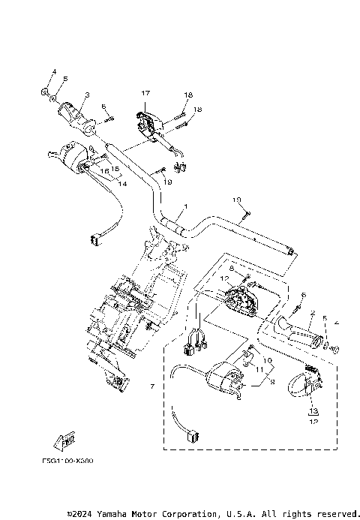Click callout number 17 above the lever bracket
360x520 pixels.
pyautogui.click(x=145, y=93)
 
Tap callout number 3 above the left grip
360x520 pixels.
pyautogui.click(x=86, y=95)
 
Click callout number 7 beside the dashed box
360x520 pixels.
pyautogui.click(x=153, y=386)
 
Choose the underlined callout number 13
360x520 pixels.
pyautogui.click(x=313, y=411)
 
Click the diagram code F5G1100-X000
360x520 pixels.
pyautogui.click(x=73, y=461)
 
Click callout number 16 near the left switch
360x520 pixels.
pyautogui.click(x=104, y=171)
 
